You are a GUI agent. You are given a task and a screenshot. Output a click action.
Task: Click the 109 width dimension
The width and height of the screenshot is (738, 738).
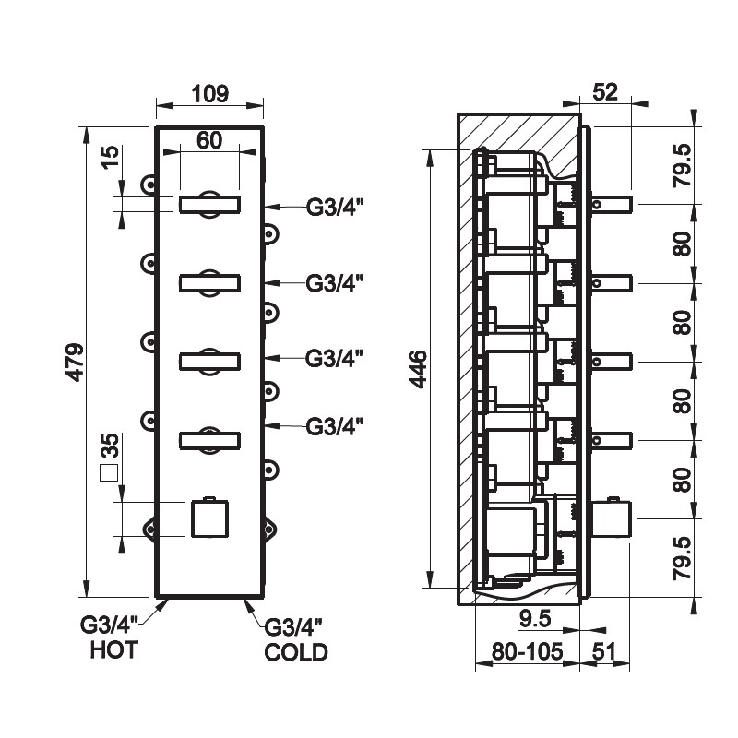209,92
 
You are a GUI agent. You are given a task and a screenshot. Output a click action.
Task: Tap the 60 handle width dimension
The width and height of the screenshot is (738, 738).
209,140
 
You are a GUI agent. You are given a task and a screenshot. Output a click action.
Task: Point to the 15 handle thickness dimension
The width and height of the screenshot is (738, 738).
109,156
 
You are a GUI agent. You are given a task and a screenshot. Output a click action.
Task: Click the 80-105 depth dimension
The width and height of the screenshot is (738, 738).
526,652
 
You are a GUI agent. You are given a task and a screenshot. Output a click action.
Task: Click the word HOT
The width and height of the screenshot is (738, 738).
113,650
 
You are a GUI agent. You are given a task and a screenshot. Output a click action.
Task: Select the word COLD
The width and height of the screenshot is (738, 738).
295,652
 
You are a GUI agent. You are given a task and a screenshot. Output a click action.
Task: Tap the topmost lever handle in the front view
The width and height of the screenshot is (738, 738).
209,205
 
